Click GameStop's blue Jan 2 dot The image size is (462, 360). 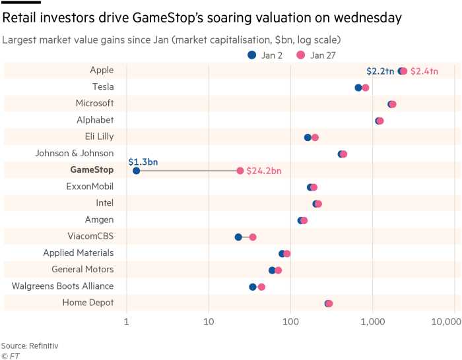pos(136,171)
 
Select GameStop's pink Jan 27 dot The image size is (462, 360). pos(240,171)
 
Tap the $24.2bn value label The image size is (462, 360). pos(264,171)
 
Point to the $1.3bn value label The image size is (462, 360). pos(143,162)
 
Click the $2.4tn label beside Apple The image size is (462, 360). pos(424,71)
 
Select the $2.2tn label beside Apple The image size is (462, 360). pos(380,71)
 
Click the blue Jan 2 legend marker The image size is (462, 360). pos(252,55)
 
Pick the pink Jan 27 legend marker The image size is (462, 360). pos(301,55)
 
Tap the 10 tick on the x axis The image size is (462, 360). pos(209,322)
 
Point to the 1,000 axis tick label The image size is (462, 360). pos(373,322)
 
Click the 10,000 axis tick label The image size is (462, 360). pos(446,322)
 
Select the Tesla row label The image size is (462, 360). pos(103,86)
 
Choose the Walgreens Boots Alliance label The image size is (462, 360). pos(63,286)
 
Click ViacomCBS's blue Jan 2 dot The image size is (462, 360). pos(238,237)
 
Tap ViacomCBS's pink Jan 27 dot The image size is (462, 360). pos(253,237)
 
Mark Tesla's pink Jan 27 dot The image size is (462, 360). pos(366,88)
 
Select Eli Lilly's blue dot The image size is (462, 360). pos(308,137)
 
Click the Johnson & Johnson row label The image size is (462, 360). pos(75,153)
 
